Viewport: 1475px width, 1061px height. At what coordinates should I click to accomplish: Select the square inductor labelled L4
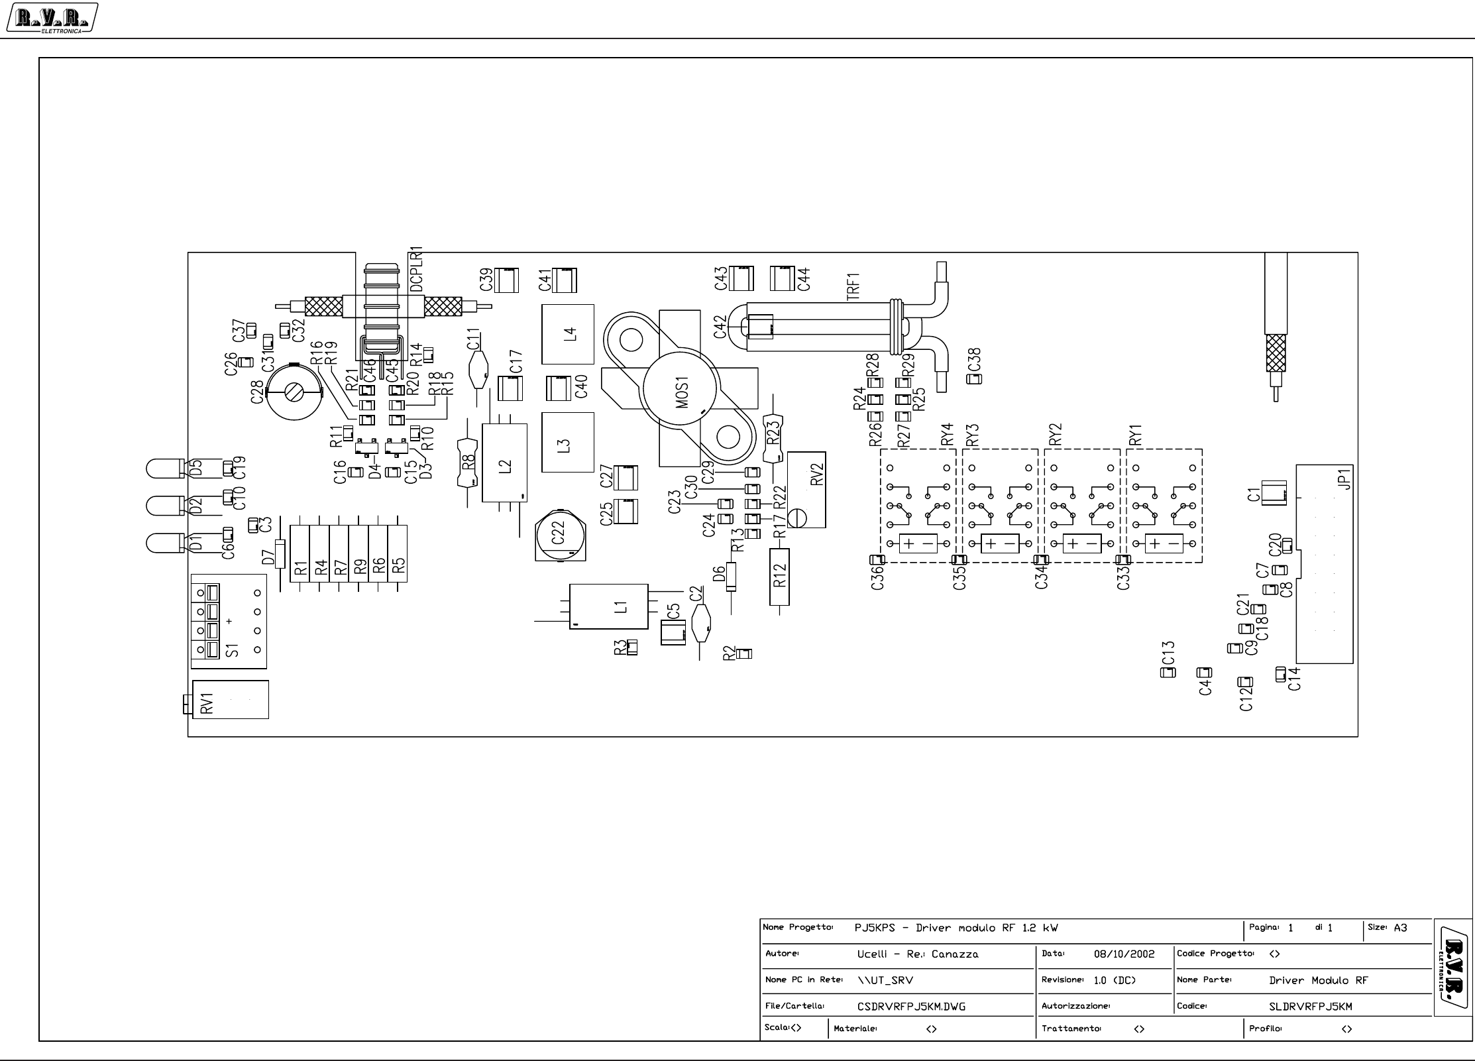(567, 334)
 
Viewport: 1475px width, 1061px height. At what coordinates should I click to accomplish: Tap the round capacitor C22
(561, 534)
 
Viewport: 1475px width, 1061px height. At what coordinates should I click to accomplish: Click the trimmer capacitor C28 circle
(294, 392)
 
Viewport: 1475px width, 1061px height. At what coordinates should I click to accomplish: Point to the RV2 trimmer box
(806, 489)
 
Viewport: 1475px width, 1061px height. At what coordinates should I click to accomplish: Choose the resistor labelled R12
(779, 577)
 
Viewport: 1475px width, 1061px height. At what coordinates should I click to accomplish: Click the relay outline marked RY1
(1164, 506)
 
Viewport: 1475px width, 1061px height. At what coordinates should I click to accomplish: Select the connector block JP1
(1324, 564)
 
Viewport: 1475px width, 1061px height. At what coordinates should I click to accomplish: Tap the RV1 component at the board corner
(229, 699)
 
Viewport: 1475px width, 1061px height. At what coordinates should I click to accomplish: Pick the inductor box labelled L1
(608, 606)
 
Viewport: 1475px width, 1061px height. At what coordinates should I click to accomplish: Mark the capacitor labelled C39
(508, 280)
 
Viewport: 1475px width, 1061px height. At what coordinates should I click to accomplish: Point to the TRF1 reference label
(853, 286)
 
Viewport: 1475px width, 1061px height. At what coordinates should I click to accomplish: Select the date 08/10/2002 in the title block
(1124, 954)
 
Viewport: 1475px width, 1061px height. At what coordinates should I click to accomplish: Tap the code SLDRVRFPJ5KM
(1310, 1007)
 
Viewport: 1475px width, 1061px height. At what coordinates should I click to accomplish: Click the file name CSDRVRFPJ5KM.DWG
(911, 1007)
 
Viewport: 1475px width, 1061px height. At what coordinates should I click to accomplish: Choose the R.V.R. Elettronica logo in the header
(52, 18)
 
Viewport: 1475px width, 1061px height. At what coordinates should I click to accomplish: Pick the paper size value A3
(1400, 928)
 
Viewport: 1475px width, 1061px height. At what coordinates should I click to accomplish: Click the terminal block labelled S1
(229, 621)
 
